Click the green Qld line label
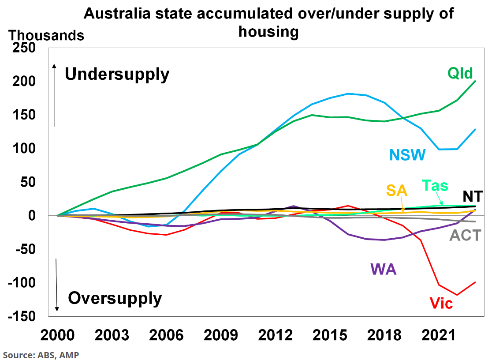pos(460,73)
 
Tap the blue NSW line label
pos(407,155)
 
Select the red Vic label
pos(441,303)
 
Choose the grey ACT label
pos(465,235)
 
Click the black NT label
pos(472,196)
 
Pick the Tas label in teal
pos(435,185)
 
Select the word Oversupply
pos(115,299)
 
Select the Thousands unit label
pos(46,35)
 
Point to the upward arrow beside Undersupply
pos(54,95)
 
